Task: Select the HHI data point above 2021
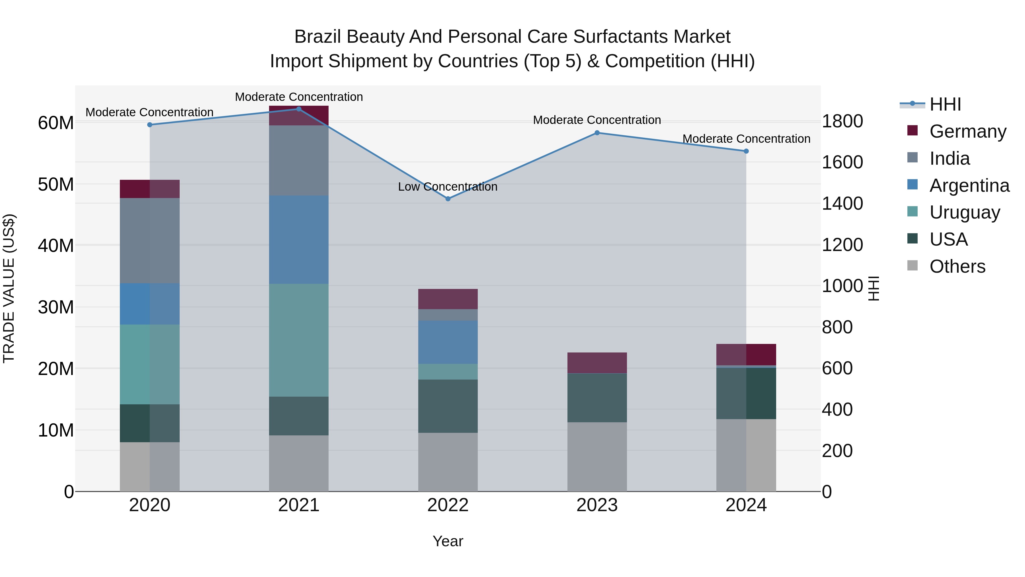click(x=299, y=109)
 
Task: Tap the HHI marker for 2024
click(x=746, y=151)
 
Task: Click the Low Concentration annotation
click(x=448, y=187)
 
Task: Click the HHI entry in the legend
click(x=945, y=104)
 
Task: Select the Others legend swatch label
click(x=957, y=266)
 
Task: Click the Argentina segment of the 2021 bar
click(x=299, y=239)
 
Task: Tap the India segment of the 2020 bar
click(x=149, y=240)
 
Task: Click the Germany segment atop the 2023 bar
click(x=597, y=362)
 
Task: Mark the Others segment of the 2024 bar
click(x=746, y=455)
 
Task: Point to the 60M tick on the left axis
click(x=56, y=123)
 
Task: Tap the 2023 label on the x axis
click(x=597, y=505)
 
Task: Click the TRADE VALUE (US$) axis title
click(x=9, y=288)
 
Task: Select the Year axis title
click(x=448, y=541)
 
